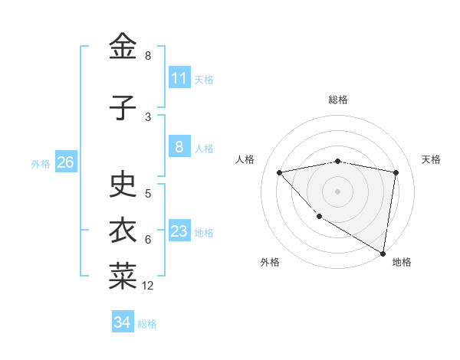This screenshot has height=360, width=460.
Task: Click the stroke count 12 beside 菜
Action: [x=148, y=286]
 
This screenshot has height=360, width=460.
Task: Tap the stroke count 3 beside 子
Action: [x=148, y=117]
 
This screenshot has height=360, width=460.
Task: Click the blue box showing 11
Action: [x=179, y=78]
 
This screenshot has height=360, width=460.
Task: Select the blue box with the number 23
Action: [x=179, y=231]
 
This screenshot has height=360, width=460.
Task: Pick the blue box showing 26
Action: [x=65, y=162]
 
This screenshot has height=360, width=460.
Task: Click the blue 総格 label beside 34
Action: [x=147, y=324]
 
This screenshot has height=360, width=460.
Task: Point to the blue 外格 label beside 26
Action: [x=41, y=164]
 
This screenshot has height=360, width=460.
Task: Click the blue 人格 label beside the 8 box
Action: [x=204, y=149]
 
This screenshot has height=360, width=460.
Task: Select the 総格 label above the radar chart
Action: [x=338, y=100]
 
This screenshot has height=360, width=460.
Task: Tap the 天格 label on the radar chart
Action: [x=431, y=159]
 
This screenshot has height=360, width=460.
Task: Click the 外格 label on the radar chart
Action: [x=270, y=262]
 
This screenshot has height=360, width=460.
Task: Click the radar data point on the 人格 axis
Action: [x=280, y=172]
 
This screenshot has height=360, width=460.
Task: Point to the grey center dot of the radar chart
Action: [x=338, y=191]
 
